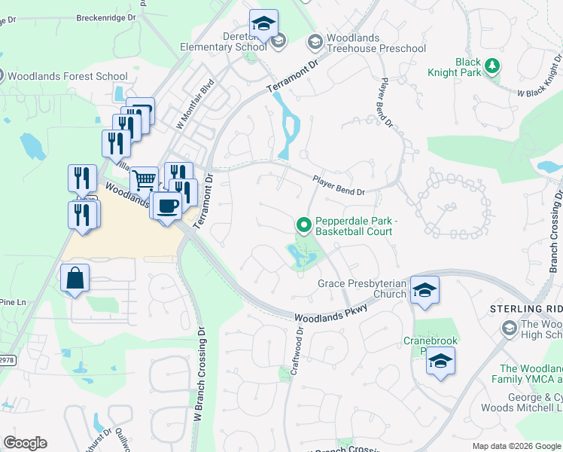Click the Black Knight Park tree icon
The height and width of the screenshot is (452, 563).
point(492,66)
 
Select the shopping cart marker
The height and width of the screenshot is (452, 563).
point(143,181)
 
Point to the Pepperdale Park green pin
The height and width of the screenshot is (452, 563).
point(304,224)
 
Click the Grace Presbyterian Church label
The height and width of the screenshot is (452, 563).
point(362,289)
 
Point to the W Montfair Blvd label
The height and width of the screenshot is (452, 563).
point(195,104)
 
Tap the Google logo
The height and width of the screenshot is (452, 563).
point(25,443)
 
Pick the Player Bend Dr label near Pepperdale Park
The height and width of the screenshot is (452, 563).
point(339,185)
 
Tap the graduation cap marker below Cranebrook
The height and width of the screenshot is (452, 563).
point(441,362)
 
